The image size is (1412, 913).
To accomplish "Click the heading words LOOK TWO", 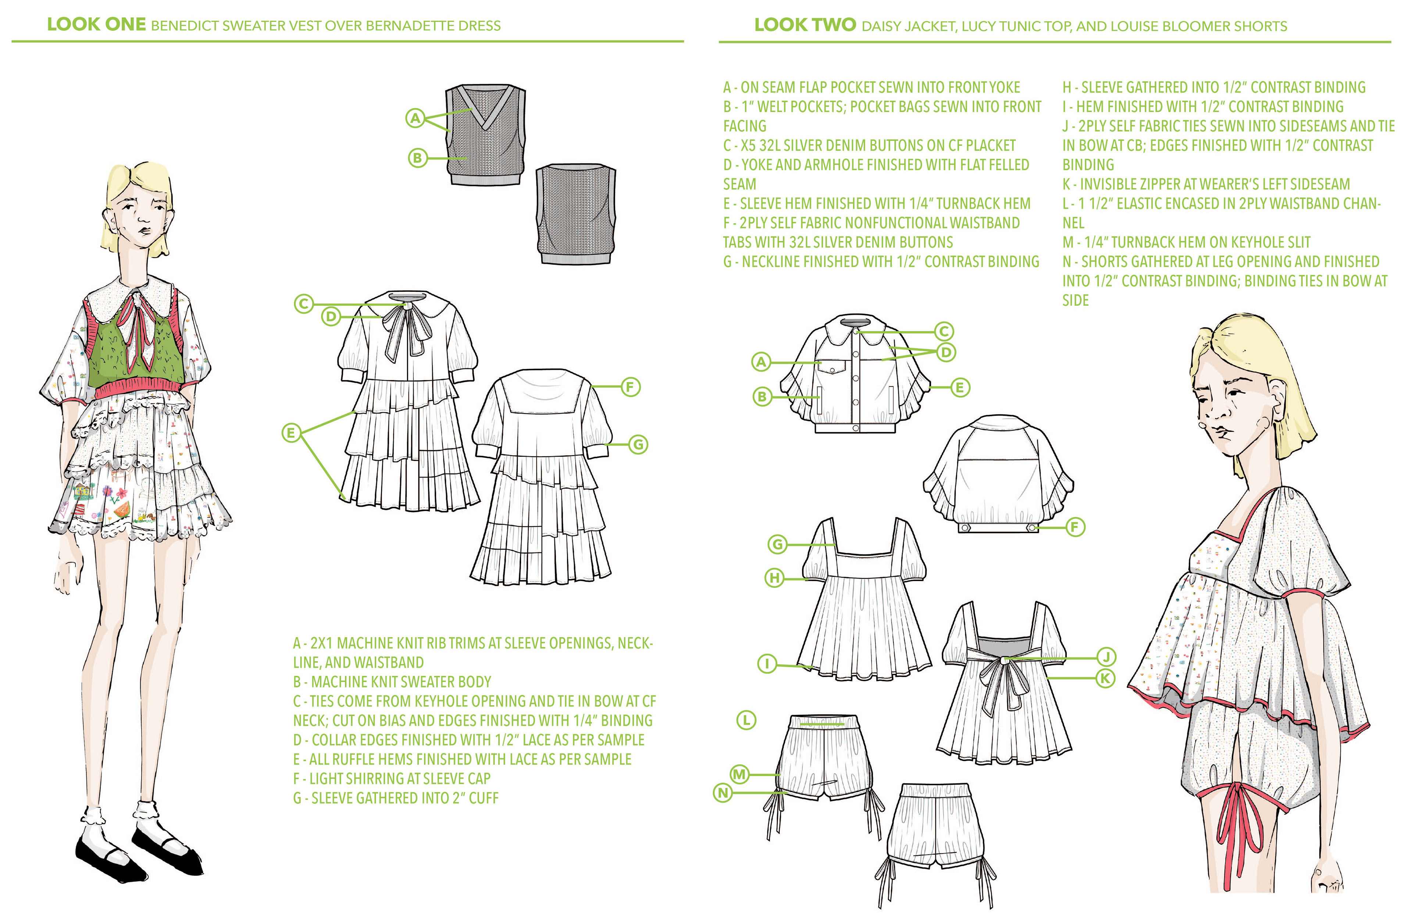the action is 805,25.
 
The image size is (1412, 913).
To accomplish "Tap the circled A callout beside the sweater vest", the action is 415,118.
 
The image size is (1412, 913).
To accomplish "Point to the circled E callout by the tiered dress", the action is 291,433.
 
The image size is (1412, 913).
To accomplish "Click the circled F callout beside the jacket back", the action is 1075,527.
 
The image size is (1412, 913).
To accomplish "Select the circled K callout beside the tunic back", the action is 1105,678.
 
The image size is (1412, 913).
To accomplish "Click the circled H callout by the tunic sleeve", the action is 775,578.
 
